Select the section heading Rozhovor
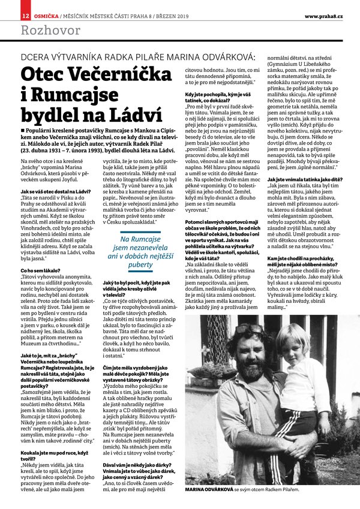[x=42, y=30]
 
